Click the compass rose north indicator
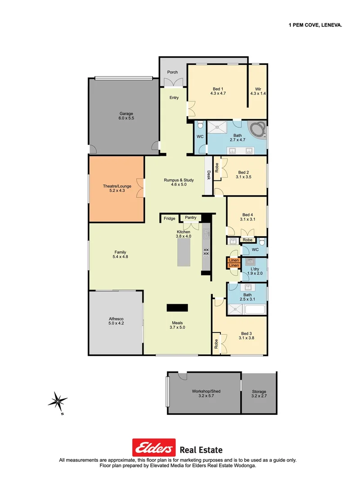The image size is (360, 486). [x=58, y=400]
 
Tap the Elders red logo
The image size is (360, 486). [x=153, y=448]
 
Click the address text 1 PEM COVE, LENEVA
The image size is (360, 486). [x=315, y=26]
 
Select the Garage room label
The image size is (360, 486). [x=126, y=113]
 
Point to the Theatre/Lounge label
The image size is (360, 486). [x=113, y=186]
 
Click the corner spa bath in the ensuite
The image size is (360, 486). [x=257, y=129]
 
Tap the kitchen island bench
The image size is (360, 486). [x=184, y=252]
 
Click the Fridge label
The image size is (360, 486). [x=169, y=219]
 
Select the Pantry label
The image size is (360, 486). [x=190, y=218]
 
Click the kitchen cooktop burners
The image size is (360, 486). [x=206, y=252]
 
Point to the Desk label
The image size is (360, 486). [x=208, y=175]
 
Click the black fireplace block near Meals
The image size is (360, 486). [x=177, y=308]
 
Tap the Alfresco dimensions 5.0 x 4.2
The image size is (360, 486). [x=116, y=323]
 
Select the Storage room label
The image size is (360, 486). [x=259, y=391]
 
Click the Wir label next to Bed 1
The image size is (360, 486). [x=258, y=89]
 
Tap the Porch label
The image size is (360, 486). [x=172, y=72]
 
